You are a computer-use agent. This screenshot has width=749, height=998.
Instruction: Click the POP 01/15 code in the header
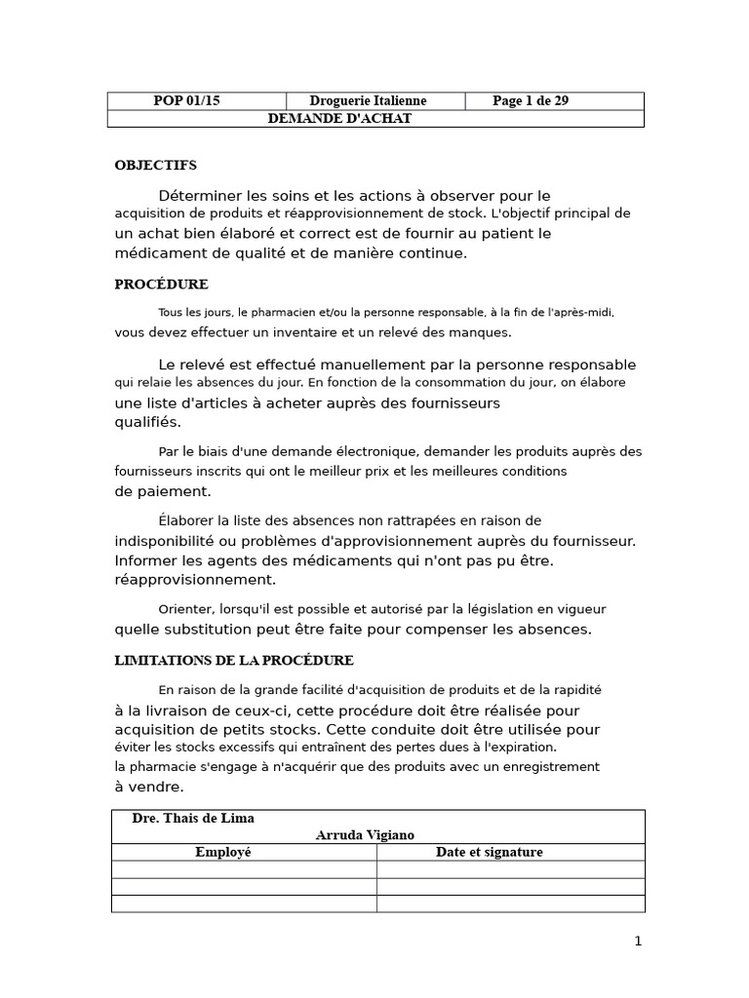pos(187,101)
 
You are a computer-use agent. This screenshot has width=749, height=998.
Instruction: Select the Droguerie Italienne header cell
pos(368,101)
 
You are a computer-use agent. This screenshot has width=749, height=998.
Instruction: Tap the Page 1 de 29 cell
pos(531,101)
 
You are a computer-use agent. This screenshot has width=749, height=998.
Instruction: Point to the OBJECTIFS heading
pos(156,166)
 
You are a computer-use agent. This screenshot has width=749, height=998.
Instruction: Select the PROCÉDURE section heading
pos(161,285)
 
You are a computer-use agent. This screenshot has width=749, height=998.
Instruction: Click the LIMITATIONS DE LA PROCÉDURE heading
pos(234,661)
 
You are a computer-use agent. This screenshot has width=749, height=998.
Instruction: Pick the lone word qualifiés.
pos(147,423)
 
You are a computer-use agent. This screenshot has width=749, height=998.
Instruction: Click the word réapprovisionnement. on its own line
pos(195,580)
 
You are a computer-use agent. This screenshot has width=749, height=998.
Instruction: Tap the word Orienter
pos(184,610)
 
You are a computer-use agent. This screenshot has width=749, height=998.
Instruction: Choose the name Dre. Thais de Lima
pos(193,819)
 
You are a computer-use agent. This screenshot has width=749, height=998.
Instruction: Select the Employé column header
pos(223,852)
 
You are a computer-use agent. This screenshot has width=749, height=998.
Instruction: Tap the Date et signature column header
pos(489,852)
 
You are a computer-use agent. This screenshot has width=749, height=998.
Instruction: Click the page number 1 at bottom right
pos(638,941)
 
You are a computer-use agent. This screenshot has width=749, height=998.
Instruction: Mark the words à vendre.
pos(148,787)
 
